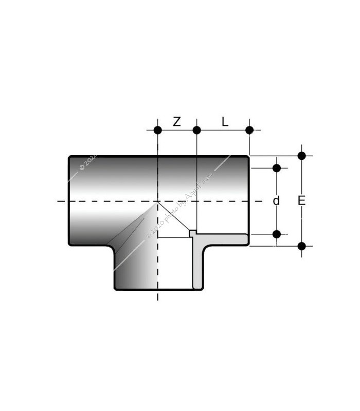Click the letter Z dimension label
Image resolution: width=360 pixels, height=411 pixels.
(x=176, y=122)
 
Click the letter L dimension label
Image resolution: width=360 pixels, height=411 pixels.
(x=225, y=122)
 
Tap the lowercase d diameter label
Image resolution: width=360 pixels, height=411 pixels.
(x=277, y=201)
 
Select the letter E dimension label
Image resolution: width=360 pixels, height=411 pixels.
(x=302, y=201)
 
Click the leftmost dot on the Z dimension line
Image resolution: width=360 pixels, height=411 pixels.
(x=158, y=130)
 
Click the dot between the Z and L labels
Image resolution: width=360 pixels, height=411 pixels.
(x=196, y=130)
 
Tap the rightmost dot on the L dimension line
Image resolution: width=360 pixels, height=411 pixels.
(x=249, y=130)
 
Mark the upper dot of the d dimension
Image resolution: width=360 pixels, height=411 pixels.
(x=277, y=168)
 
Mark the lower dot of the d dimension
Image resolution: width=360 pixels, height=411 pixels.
(x=277, y=234)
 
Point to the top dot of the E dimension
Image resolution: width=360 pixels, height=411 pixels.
(x=302, y=156)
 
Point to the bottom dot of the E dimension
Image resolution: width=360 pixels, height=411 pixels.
(x=302, y=246)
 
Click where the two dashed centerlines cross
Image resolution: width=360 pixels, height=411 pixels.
(x=158, y=201)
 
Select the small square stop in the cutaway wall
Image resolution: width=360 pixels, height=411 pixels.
(x=192, y=233)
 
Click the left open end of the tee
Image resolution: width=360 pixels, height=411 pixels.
(x=70, y=201)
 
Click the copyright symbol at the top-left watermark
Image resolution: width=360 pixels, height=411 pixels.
(x=82, y=167)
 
